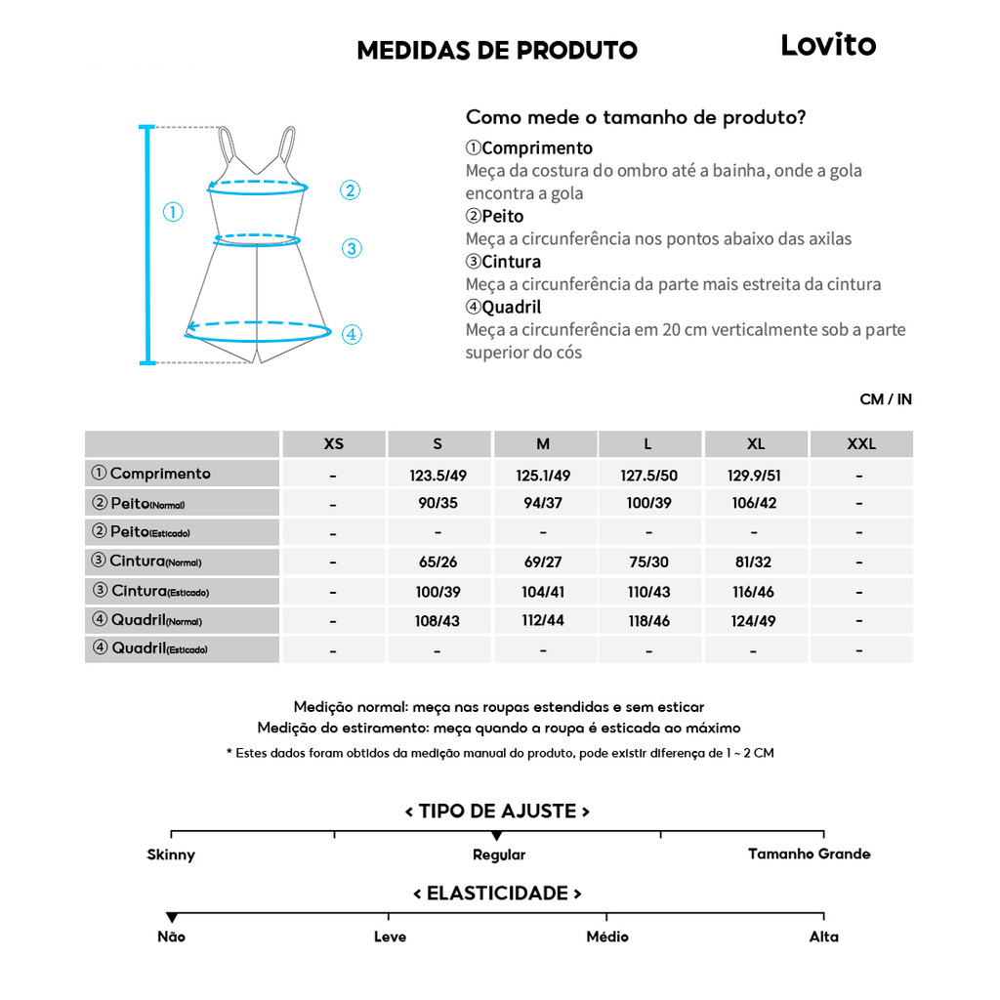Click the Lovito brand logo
point(828,45)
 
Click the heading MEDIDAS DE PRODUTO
point(497,51)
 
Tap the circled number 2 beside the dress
point(351,190)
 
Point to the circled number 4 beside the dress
point(352,335)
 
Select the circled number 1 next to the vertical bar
point(173,212)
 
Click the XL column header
point(756,443)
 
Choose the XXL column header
point(861,443)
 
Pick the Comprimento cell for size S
point(438,476)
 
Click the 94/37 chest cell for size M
point(543,504)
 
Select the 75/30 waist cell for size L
point(648,562)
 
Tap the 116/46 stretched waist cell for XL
point(755,593)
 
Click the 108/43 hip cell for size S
point(438,621)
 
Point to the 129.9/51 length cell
point(755,476)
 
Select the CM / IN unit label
point(886,399)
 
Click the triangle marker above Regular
point(497,836)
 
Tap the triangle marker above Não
point(172,917)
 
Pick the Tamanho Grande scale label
point(809,854)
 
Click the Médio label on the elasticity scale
point(607,937)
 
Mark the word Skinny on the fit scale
point(171,855)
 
